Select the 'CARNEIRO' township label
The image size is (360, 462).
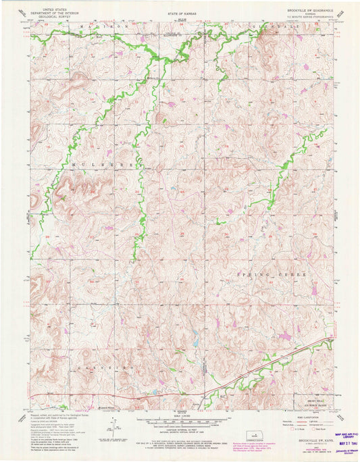101,367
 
